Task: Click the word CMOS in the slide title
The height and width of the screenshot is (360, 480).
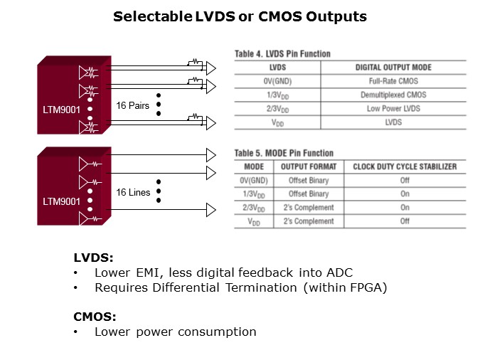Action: tap(280, 16)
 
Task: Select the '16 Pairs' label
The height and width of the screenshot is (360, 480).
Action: tap(132, 105)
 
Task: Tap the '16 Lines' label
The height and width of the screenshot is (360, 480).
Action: tap(133, 192)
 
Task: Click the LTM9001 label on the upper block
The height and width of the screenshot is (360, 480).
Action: tap(61, 110)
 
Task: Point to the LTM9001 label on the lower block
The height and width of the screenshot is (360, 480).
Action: tap(61, 201)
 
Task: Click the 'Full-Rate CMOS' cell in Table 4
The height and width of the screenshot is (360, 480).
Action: tap(393, 81)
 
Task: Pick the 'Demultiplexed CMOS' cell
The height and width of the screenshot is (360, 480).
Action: tap(393, 95)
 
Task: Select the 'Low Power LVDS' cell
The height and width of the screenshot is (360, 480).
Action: tap(393, 108)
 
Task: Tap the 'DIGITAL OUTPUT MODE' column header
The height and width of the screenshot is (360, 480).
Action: tap(393, 68)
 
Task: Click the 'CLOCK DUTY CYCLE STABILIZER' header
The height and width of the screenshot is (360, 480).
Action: tap(405, 166)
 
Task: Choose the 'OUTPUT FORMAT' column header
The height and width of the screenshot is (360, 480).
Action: tap(309, 166)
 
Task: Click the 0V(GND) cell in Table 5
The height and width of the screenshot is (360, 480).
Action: tap(254, 180)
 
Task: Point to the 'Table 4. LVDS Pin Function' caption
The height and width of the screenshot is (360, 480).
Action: tap(282, 54)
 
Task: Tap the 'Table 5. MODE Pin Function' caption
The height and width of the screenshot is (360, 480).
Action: tap(284, 153)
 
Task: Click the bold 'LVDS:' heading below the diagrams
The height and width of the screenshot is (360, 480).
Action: tap(93, 258)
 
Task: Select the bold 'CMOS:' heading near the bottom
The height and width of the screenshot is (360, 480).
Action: tap(95, 317)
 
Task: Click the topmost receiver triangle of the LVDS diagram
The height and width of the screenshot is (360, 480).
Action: tap(211, 68)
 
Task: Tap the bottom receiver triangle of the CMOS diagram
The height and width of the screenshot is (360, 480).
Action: tap(211, 210)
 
